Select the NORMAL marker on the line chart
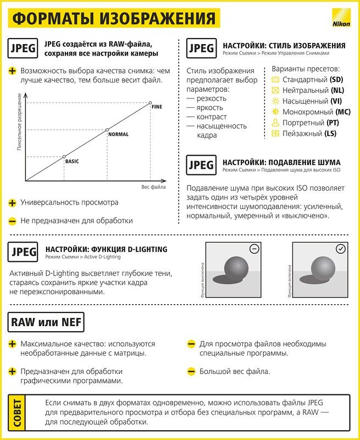click(107, 130)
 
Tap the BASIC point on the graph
click(64, 157)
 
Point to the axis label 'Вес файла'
click(153, 188)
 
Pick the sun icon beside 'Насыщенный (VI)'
click(276, 101)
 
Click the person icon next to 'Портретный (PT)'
click(276, 123)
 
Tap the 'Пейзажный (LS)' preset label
click(309, 134)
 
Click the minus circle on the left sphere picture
click(254, 249)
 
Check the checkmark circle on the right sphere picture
click(341, 249)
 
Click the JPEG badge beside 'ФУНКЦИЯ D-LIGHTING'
click(24, 252)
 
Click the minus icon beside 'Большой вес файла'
click(191, 372)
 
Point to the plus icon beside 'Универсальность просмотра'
click(12, 202)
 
